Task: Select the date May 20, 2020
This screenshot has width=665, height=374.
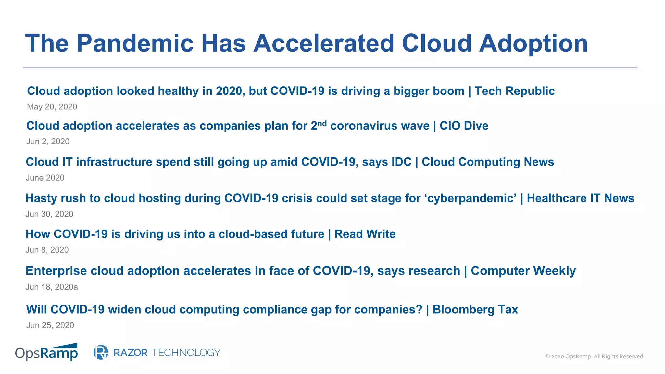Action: point(52,107)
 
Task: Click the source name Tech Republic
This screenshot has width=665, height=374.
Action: point(514,91)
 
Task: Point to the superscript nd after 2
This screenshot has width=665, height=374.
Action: point(322,123)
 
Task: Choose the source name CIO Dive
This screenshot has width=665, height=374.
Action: point(464,126)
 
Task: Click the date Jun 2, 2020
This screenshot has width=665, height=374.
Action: point(48,142)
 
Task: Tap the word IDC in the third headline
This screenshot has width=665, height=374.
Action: point(401,162)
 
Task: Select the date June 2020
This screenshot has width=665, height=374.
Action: point(45,178)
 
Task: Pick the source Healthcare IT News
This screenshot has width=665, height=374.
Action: point(580,198)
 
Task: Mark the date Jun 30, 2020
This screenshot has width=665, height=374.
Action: point(49,214)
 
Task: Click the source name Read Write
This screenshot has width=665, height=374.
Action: point(365,234)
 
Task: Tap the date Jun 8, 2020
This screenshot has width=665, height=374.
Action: point(47,250)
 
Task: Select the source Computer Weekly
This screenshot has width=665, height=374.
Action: point(523,271)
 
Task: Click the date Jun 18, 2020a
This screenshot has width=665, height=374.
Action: point(52,287)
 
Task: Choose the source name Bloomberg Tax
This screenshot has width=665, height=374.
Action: point(475,310)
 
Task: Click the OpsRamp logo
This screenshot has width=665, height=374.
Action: point(46,352)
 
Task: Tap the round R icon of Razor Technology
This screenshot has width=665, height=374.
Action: point(101,353)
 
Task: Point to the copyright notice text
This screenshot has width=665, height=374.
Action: point(595,356)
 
